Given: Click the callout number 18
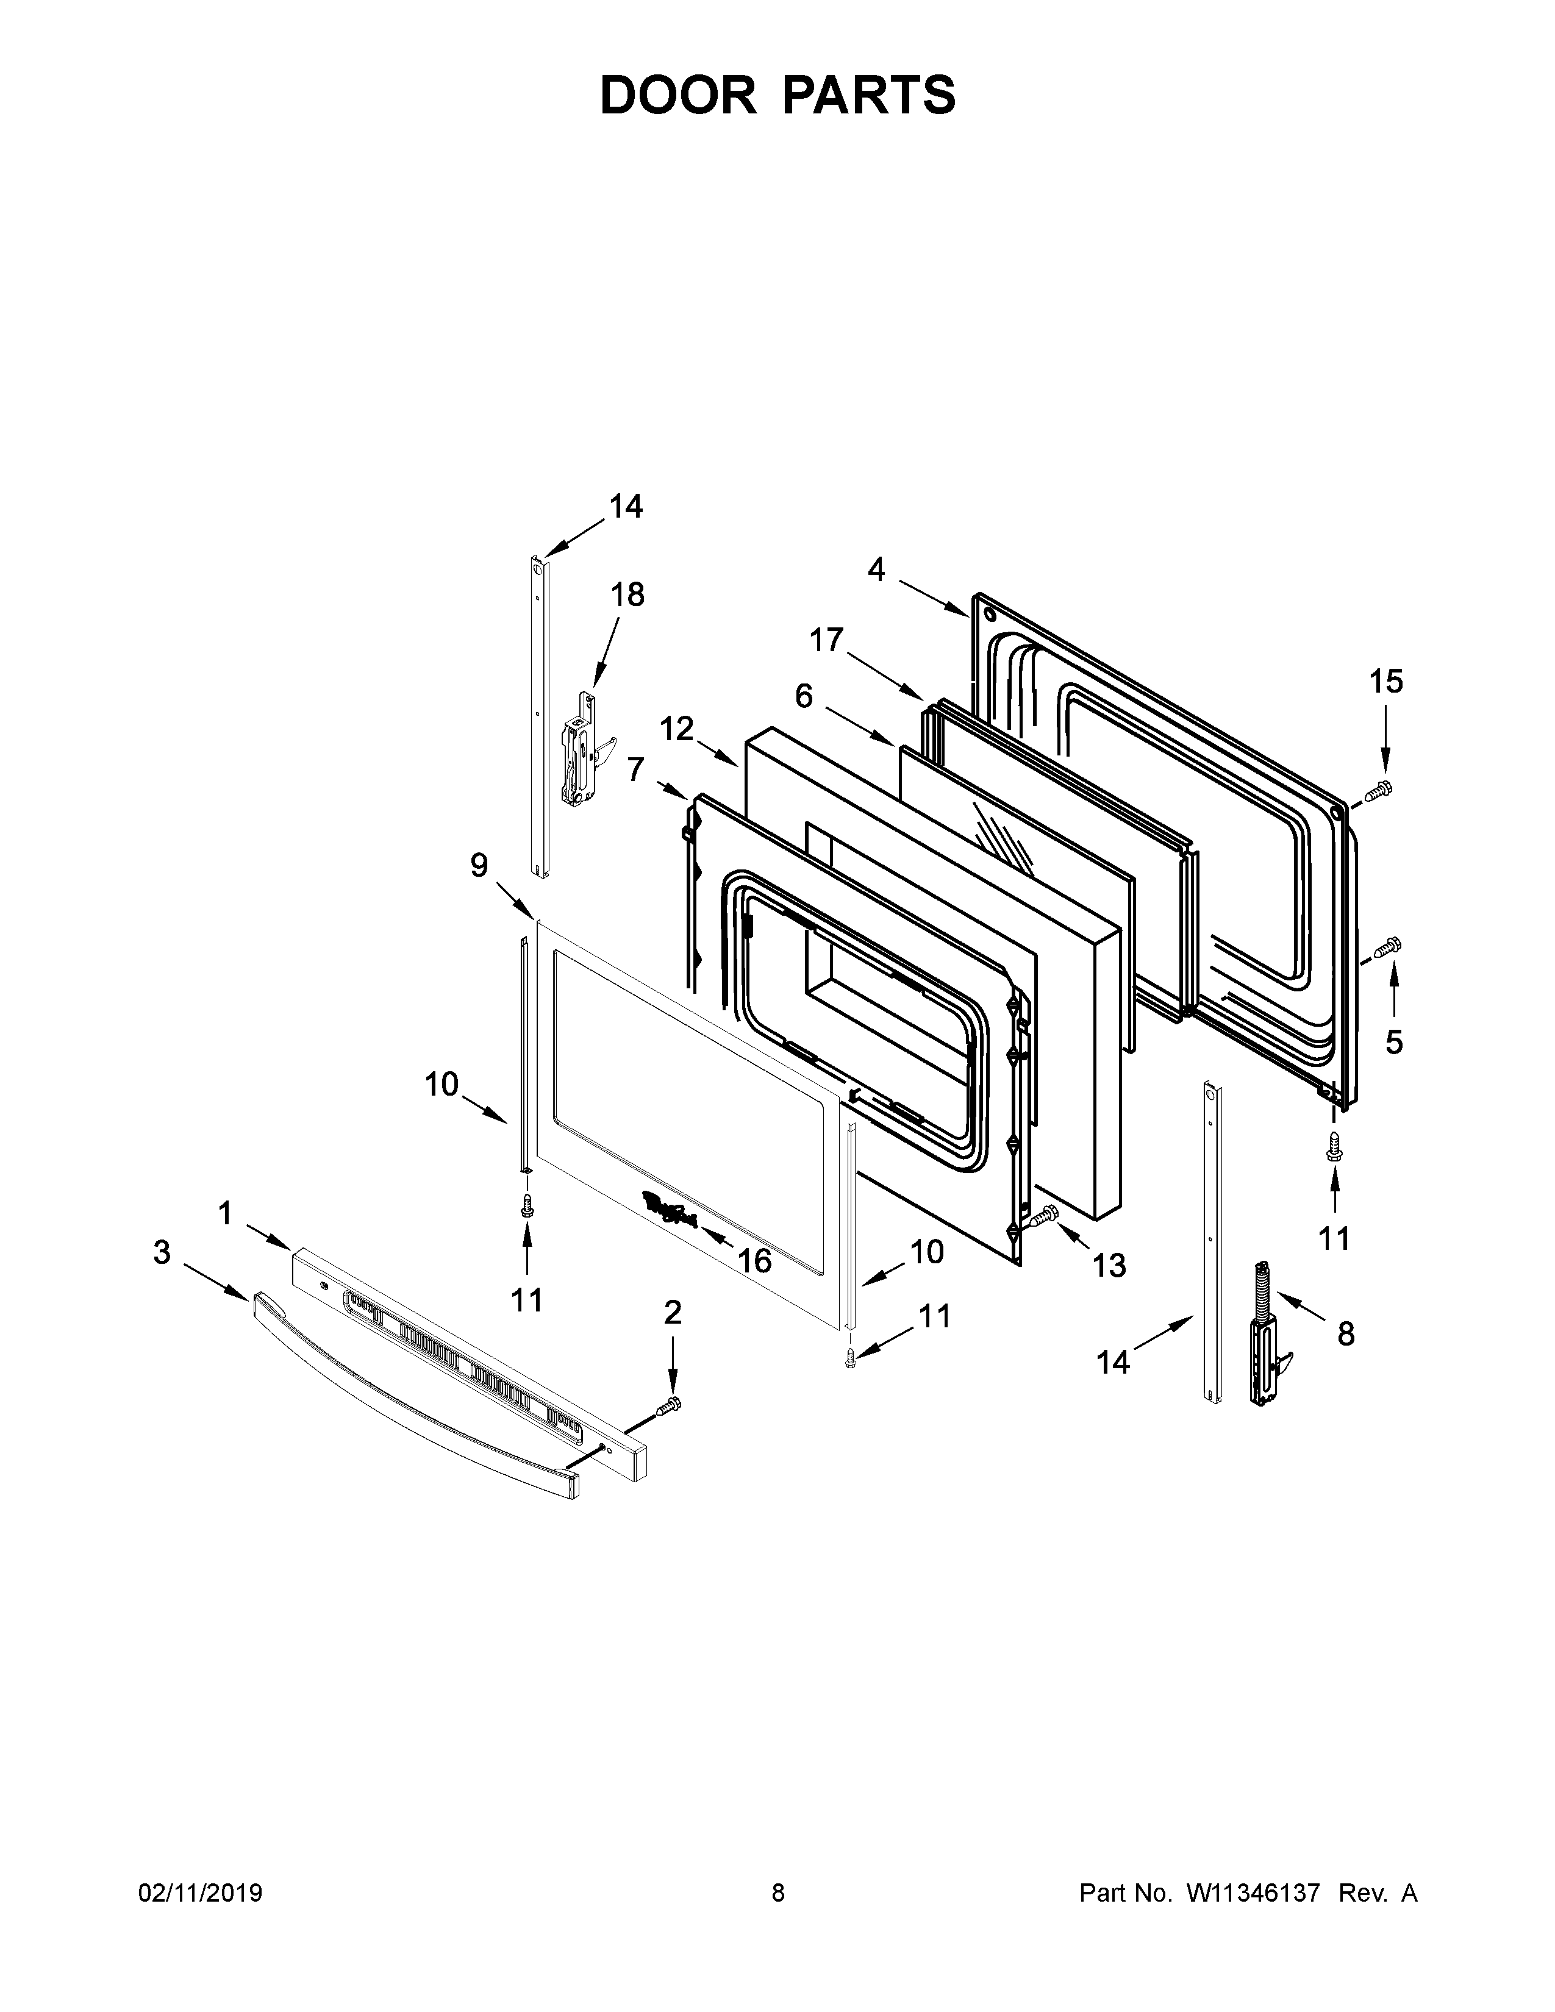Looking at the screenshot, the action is click(627, 595).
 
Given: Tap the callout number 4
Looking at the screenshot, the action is click(876, 570).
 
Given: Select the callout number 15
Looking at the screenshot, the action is click(1385, 682).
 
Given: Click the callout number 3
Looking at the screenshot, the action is click(162, 1252).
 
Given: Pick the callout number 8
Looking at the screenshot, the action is click(1346, 1333).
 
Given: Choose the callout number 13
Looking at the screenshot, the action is click(1109, 1266).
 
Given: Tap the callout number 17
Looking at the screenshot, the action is click(828, 640).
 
